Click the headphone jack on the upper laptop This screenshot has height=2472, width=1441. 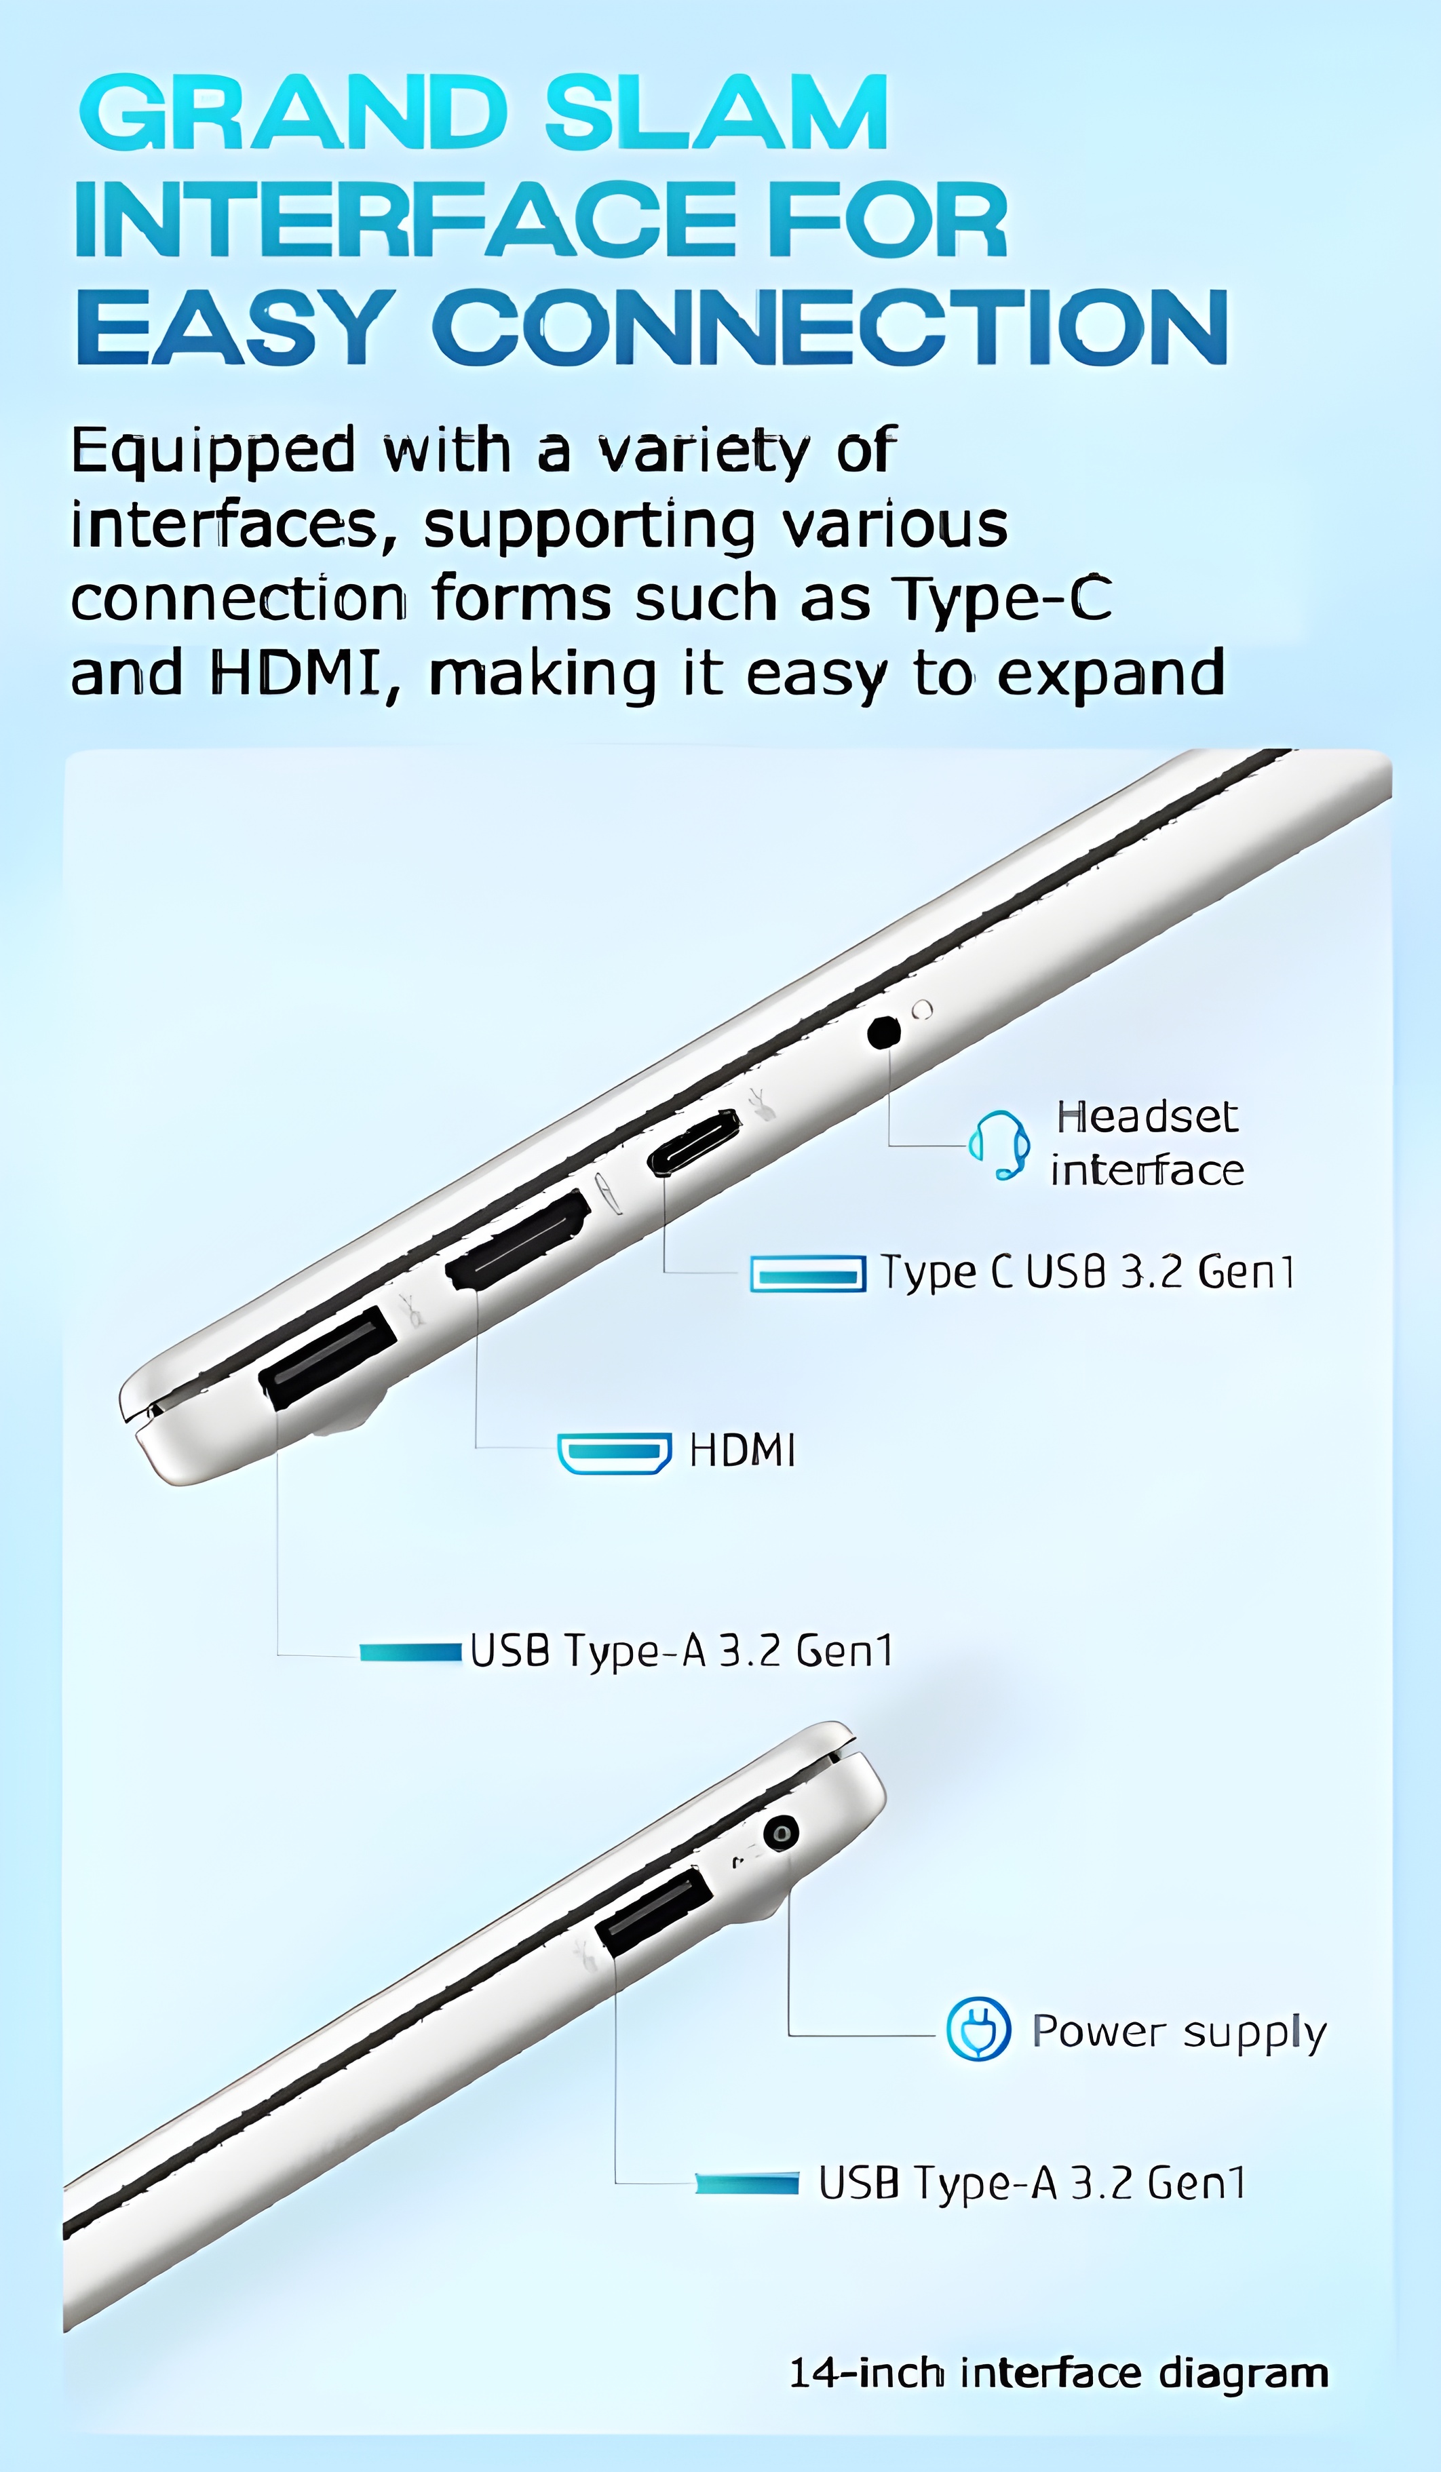(884, 1032)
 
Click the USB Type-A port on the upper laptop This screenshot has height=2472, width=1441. (326, 1357)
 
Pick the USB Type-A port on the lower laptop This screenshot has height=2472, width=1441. (653, 1912)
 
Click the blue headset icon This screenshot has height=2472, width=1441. (999, 1145)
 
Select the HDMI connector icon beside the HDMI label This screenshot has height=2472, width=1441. (614, 1453)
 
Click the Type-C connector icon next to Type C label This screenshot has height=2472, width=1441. (807, 1273)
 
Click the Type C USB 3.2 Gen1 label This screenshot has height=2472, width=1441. (1087, 1273)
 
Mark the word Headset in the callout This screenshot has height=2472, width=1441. (1147, 1117)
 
